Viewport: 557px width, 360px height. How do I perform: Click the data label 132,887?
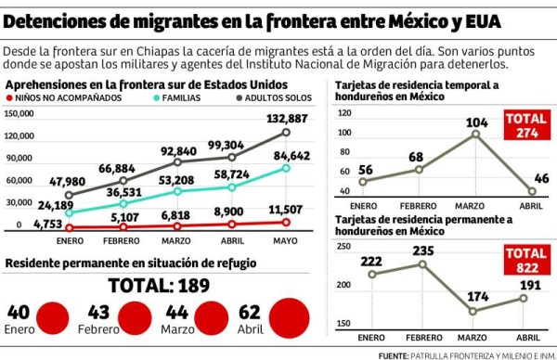(287, 119)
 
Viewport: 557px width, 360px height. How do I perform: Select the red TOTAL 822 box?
(525, 260)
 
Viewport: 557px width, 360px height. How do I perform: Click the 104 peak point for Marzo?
(477, 135)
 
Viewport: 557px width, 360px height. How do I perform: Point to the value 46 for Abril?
(541, 178)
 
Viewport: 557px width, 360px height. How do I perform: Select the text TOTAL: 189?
(162, 285)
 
